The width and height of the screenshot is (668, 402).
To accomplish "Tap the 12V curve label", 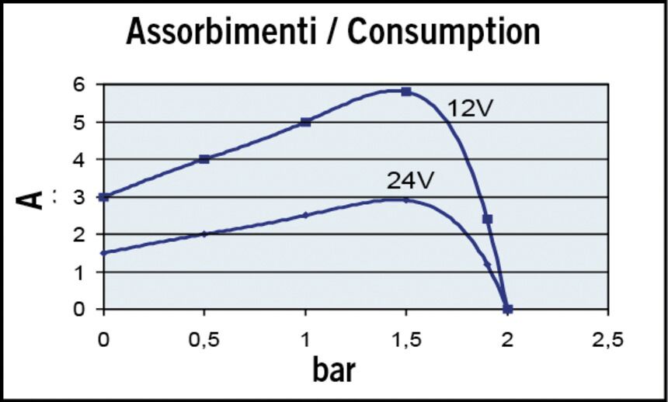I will pyautogui.click(x=471, y=109).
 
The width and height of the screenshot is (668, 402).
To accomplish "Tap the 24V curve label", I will pyautogui.click(x=409, y=180).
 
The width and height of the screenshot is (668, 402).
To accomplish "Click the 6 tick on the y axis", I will pyautogui.click(x=89, y=85).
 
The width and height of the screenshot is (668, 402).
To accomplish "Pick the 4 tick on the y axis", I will pyautogui.click(x=89, y=159).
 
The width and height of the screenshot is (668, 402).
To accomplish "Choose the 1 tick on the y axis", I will pyautogui.click(x=89, y=272).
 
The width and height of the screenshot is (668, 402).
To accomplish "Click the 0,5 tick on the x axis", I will pyautogui.click(x=204, y=338).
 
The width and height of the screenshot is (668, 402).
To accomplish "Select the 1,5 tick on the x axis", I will pyautogui.click(x=406, y=338).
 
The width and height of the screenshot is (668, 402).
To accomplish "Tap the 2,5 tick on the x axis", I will pyautogui.click(x=607, y=338).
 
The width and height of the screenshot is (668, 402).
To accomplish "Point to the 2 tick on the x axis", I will pyautogui.click(x=507, y=338).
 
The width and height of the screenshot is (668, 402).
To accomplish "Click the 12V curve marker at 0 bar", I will pyautogui.click(x=104, y=197).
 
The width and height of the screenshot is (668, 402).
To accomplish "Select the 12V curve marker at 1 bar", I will pyautogui.click(x=306, y=122).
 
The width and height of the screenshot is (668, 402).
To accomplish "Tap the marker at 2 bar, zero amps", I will pyautogui.click(x=508, y=309).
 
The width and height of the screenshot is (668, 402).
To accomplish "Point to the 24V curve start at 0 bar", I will pyautogui.click(x=104, y=253).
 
